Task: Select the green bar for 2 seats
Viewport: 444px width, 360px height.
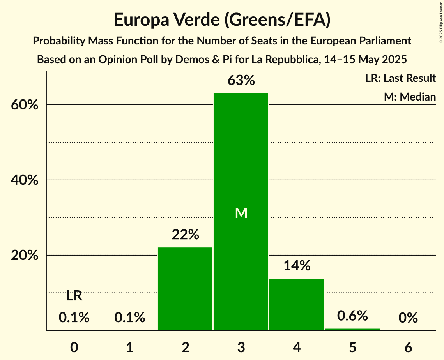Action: point(185,289)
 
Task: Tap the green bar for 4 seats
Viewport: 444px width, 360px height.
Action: point(297,304)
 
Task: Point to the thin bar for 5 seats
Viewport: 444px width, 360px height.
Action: point(352,329)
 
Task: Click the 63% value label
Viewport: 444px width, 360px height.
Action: point(241,81)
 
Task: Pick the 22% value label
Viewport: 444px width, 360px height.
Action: point(185,235)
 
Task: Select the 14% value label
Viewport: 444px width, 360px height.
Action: point(297,266)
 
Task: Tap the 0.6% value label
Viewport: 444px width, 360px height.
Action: point(352,316)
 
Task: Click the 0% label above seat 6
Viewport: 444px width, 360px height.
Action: point(408,318)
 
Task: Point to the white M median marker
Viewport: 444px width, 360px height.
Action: point(241,213)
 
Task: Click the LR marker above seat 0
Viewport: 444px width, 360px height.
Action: point(74,296)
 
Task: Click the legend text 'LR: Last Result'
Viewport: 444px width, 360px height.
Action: point(400,78)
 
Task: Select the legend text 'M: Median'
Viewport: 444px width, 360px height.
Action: point(410,97)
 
